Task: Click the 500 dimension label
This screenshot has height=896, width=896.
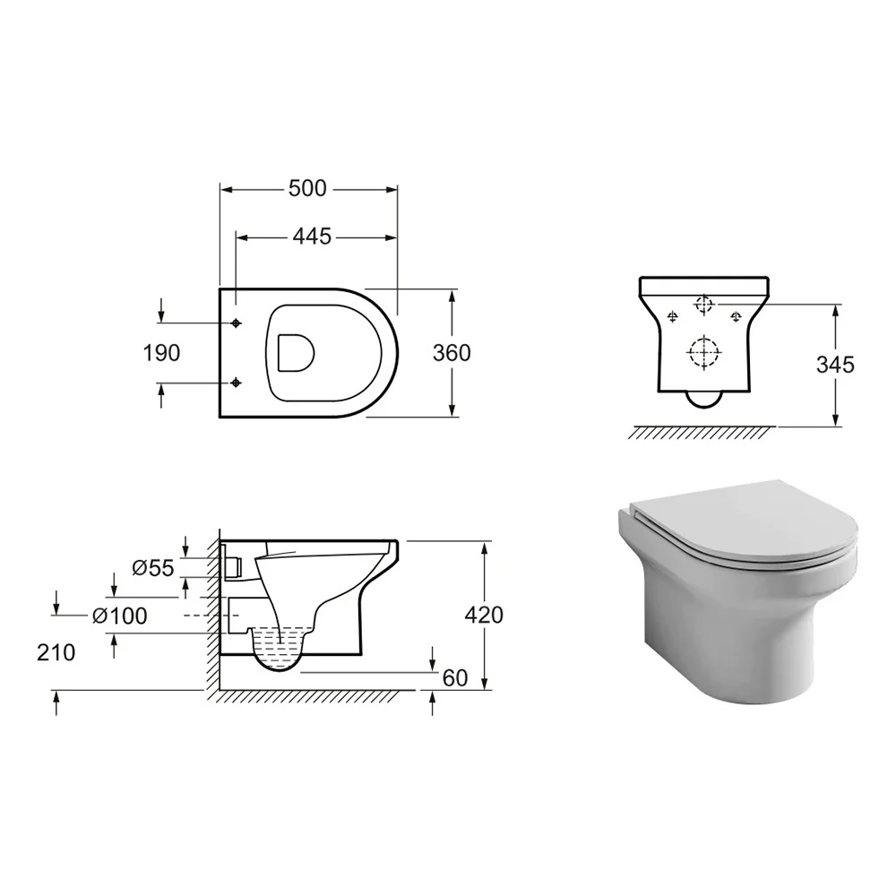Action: [x=306, y=188]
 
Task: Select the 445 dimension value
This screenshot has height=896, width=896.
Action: [x=312, y=237]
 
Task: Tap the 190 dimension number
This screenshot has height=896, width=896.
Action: [x=161, y=353]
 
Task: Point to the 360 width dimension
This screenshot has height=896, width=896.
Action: [x=452, y=353]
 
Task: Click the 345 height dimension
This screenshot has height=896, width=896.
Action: [x=835, y=365]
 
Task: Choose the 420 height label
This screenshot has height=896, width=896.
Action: [x=484, y=615]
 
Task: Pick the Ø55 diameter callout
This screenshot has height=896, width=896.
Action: [x=152, y=568]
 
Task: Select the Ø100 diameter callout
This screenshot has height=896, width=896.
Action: [x=119, y=616]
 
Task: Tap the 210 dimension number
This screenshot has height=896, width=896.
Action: [x=56, y=652]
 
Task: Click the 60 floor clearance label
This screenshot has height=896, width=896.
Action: [x=455, y=678]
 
